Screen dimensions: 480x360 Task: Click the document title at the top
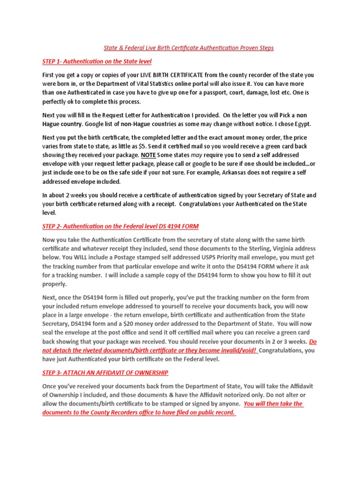click(188, 48)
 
